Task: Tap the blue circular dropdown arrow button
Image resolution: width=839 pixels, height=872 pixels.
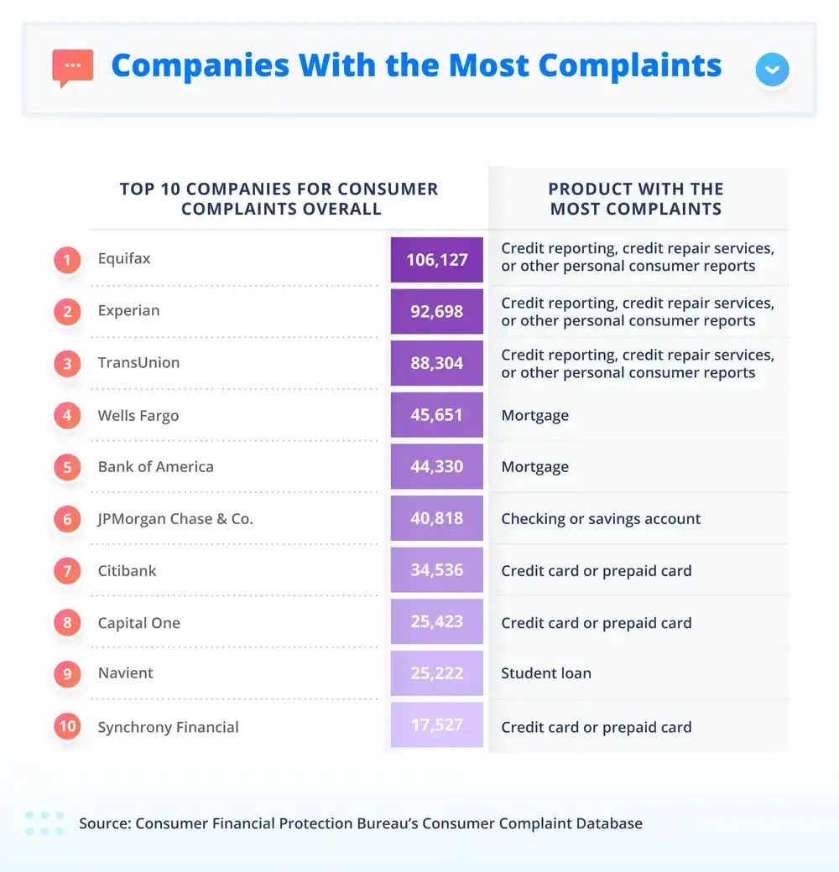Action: [x=772, y=70]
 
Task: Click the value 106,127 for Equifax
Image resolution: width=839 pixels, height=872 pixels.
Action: [x=436, y=259]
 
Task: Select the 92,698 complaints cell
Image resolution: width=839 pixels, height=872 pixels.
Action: [x=436, y=311]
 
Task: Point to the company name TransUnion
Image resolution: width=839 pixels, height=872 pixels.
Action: [x=138, y=362]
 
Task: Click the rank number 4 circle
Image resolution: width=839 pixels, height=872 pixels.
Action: [x=67, y=416]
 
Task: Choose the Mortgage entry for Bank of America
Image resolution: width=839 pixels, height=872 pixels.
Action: [x=534, y=467]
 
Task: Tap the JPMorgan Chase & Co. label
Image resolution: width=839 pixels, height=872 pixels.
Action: [x=175, y=519]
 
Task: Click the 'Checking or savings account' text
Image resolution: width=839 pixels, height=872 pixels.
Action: [x=601, y=519]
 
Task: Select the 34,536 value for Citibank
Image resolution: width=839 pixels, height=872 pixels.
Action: [x=436, y=571]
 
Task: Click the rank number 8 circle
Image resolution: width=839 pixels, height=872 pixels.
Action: [x=67, y=623]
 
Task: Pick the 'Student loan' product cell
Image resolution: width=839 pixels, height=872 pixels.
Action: [x=546, y=673]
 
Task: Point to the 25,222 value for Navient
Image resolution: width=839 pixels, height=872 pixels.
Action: [x=436, y=673]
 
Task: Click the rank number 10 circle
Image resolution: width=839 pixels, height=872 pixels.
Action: [x=67, y=726]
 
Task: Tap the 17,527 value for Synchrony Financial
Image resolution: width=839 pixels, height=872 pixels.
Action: [x=436, y=725]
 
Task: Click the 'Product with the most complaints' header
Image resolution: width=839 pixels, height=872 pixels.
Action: [x=636, y=199]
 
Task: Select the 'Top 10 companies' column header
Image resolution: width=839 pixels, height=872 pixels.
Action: [x=279, y=199]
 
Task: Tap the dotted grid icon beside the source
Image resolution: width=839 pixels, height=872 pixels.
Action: [x=44, y=823]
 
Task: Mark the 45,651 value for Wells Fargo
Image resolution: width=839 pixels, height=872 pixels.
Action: [x=436, y=415]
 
